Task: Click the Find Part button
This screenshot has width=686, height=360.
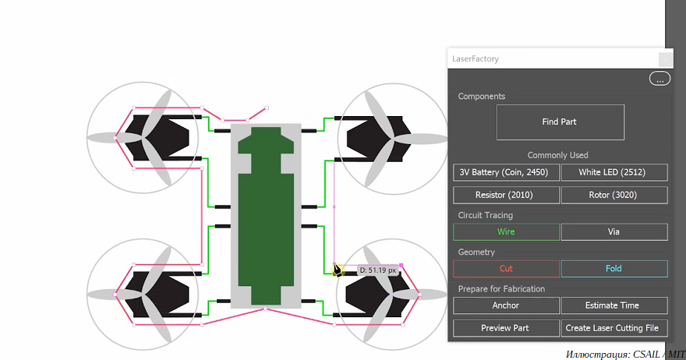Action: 560,122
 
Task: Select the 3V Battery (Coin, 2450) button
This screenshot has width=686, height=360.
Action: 506,172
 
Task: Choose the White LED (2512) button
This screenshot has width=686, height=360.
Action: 614,172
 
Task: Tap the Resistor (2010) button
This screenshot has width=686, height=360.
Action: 506,195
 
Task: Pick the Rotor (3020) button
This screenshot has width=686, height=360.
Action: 614,195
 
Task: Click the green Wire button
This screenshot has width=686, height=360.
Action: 506,232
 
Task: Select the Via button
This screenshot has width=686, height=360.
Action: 614,232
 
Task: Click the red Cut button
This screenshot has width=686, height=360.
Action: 506,269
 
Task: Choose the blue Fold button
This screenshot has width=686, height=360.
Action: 614,269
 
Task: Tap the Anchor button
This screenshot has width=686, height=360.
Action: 506,305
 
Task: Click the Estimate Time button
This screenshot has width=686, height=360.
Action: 614,305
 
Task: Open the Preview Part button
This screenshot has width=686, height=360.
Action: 506,328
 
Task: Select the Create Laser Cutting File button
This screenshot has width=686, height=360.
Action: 614,328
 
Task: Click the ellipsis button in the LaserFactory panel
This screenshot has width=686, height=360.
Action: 659,79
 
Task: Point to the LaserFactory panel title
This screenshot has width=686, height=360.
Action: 475,59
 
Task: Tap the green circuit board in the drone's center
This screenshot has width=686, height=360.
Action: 266,216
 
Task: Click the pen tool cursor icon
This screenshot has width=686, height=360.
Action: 337,270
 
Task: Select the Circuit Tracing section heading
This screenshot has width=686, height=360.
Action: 485,215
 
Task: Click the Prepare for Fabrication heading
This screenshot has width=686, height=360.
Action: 501,289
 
